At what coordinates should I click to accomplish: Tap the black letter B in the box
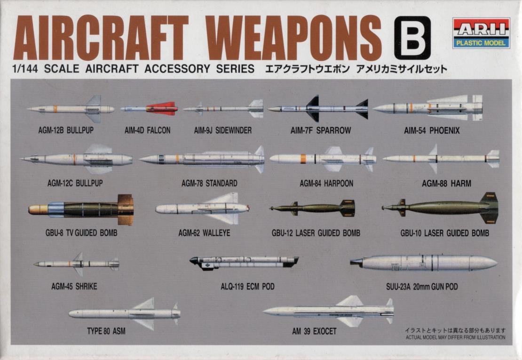pos(412,37)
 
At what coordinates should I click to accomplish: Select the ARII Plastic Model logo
pos(481,33)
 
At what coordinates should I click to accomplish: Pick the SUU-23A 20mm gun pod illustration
pos(424,263)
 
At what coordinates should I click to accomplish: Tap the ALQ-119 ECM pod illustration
pos(244,262)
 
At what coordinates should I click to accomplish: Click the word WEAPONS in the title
pos(293,37)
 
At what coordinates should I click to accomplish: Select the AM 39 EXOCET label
pos(314,331)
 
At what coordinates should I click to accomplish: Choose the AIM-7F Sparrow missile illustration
pos(318,109)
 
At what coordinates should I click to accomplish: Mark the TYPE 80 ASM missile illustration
pos(125,313)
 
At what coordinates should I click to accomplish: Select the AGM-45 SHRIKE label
pos(74,286)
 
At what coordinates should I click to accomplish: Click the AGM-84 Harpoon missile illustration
pos(322,159)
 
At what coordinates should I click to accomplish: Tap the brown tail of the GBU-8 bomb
pos(125,209)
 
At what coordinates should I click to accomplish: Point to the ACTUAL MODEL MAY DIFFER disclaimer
pos(455,337)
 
